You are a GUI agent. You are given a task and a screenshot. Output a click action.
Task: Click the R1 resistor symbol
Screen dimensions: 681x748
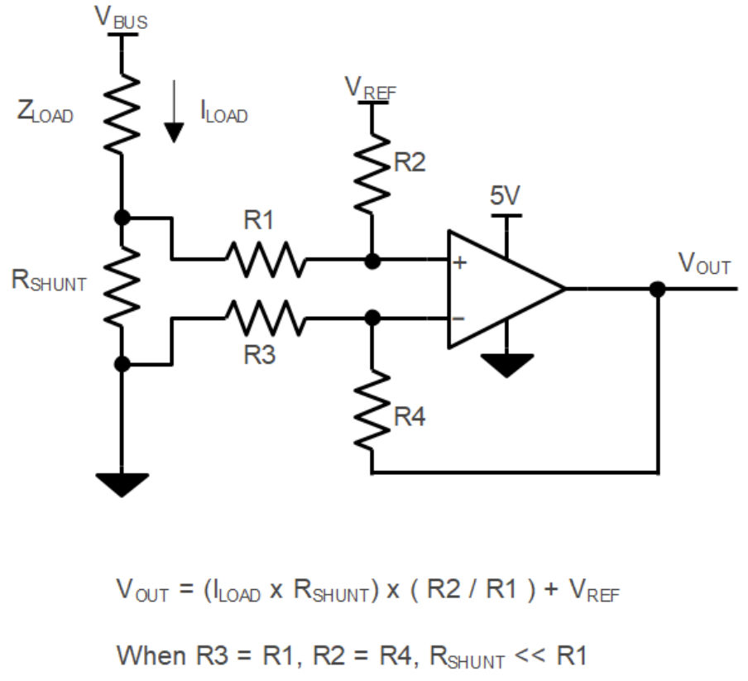(x=264, y=260)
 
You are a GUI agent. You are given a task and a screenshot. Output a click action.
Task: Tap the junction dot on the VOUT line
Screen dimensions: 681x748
(x=658, y=290)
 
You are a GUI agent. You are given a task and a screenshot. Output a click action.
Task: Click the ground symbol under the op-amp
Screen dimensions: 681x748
(x=506, y=364)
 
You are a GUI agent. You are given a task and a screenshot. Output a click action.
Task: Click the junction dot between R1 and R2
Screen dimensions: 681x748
(x=372, y=261)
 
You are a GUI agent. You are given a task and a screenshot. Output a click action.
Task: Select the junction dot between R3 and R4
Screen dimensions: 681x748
(x=372, y=317)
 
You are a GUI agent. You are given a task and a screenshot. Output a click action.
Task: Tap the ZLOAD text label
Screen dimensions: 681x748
(x=46, y=113)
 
